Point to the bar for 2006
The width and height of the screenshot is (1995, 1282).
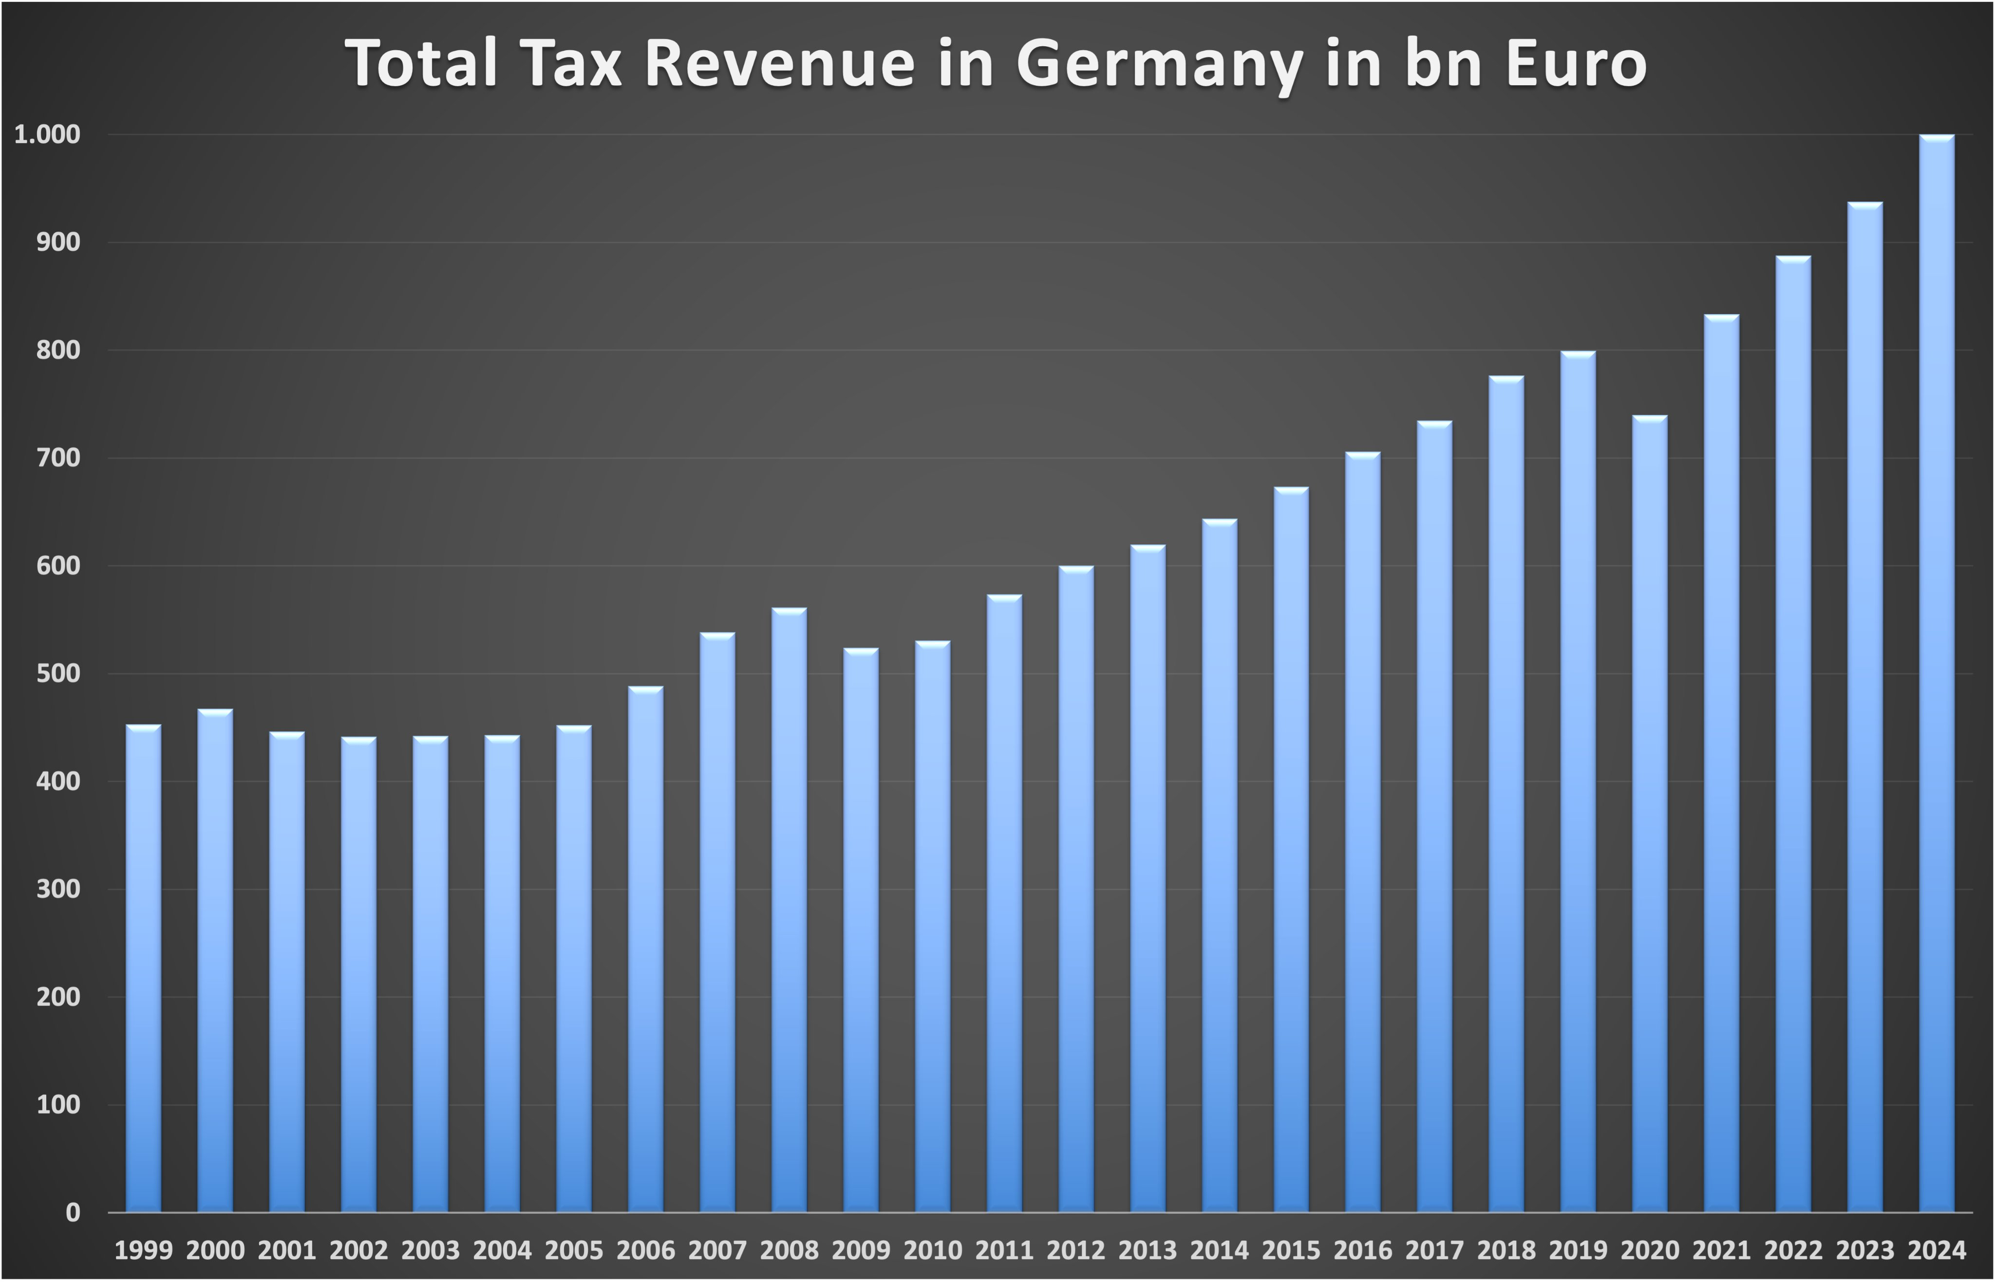tap(645, 949)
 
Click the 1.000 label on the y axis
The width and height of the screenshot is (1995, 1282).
tap(47, 135)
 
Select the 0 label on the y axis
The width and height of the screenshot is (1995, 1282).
tap(73, 1213)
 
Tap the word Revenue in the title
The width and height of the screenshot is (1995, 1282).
tap(779, 65)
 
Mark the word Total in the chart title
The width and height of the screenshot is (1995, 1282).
tap(422, 65)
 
